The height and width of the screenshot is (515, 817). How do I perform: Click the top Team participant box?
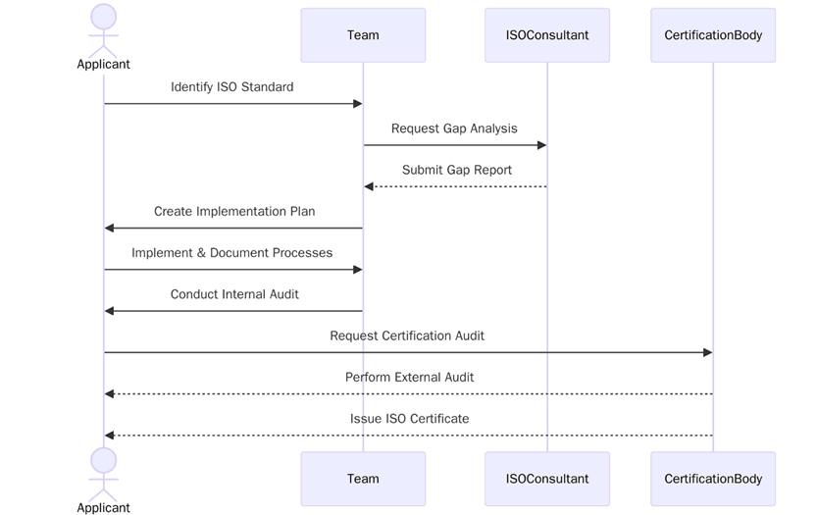(363, 35)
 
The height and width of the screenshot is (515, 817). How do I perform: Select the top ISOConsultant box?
(547, 35)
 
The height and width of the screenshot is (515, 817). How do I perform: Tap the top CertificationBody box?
(713, 35)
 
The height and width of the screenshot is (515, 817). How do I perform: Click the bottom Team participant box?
(363, 479)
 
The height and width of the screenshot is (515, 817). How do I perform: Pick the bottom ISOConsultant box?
(547, 479)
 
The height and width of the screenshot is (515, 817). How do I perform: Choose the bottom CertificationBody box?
(713, 479)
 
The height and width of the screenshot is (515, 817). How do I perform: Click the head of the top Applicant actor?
(104, 17)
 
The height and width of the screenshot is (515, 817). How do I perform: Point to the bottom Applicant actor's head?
(104, 460)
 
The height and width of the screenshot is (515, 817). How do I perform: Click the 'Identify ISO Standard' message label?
(231, 87)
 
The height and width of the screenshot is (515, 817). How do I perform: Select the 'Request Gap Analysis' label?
(454, 129)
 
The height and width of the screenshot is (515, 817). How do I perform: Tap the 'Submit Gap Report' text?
(456, 170)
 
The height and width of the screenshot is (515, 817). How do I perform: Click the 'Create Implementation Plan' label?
(234, 211)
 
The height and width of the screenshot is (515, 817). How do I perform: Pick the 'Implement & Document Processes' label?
(231, 253)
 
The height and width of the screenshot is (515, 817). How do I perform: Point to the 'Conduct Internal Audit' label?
(234, 294)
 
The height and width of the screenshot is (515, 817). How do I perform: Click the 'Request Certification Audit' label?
(407, 335)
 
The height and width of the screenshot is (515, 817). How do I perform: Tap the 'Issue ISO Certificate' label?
(409, 419)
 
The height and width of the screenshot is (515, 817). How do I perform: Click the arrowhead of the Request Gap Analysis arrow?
(541, 145)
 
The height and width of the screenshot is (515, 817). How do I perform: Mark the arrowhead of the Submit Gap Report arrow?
(369, 186)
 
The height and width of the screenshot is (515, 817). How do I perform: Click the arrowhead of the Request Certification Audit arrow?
(707, 352)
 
